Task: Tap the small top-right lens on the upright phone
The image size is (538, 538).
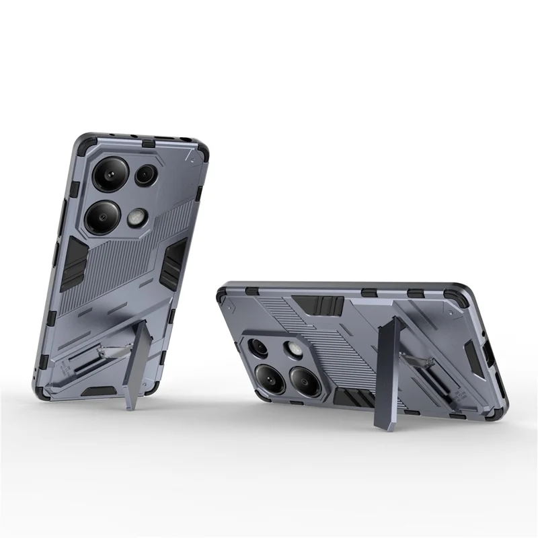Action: tap(146, 176)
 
